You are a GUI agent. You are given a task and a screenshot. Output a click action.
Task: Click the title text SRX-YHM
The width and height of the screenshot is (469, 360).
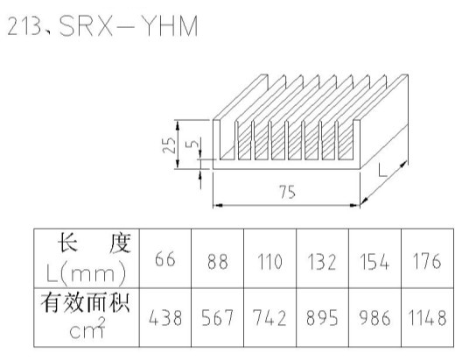(x=129, y=26)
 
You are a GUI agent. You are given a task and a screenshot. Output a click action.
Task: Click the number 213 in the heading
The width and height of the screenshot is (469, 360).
(x=24, y=26)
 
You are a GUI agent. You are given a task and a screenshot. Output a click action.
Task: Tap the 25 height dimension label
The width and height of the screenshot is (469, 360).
(x=169, y=145)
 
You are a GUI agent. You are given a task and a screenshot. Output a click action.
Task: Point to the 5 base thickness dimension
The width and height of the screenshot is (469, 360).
(x=192, y=144)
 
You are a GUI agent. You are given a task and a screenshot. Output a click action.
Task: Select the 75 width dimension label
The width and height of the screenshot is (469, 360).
(x=287, y=192)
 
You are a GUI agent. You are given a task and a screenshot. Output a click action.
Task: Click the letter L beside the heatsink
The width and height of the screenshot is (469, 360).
(x=382, y=170)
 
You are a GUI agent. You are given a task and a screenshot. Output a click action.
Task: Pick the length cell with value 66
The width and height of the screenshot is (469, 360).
(x=165, y=259)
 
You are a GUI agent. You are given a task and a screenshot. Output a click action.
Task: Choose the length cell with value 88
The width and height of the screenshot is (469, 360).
(x=218, y=261)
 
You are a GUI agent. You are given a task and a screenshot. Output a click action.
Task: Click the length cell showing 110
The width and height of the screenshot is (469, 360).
(x=269, y=261)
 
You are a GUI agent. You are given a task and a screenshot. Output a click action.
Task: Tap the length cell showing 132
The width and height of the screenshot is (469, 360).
(x=322, y=262)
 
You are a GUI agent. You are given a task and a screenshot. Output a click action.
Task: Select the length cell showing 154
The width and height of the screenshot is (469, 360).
(x=374, y=262)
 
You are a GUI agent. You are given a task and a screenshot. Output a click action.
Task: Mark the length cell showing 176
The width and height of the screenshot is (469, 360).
(x=427, y=260)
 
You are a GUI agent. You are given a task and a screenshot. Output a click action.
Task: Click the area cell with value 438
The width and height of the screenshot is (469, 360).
(x=165, y=318)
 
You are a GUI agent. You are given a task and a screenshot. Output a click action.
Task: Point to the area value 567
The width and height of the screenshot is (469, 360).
(x=218, y=318)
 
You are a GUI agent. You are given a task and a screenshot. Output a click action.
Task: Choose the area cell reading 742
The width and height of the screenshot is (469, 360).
(x=269, y=318)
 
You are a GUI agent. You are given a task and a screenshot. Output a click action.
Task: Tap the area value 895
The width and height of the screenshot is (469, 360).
(x=322, y=318)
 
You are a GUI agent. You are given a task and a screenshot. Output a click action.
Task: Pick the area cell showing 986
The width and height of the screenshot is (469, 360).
(x=374, y=318)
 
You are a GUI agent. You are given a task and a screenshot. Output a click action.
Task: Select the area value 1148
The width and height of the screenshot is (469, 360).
(x=427, y=318)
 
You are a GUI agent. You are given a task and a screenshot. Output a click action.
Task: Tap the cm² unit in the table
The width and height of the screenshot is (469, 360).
(x=87, y=328)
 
